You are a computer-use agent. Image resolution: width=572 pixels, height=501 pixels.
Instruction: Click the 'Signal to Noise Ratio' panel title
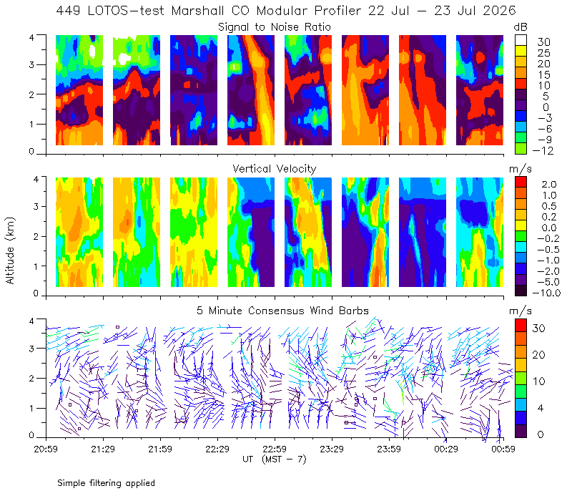click(x=275, y=27)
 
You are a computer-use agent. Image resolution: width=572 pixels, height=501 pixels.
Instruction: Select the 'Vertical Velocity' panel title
click(x=275, y=169)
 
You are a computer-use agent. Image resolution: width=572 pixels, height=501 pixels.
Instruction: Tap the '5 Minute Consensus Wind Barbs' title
click(x=282, y=311)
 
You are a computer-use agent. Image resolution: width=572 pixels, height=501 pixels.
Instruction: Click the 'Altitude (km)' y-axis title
click(x=10, y=250)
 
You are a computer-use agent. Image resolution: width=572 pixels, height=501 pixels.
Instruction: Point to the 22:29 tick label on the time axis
click(x=217, y=449)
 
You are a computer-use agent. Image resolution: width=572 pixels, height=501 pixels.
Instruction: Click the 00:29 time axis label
click(x=445, y=449)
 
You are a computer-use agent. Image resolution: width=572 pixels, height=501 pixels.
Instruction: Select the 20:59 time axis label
click(x=46, y=449)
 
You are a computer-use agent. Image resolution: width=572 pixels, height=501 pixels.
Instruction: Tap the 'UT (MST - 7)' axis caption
click(x=275, y=459)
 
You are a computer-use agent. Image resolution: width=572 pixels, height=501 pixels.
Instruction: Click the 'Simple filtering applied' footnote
click(x=106, y=483)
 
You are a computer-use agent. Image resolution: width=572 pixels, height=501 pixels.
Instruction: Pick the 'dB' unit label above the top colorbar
click(x=521, y=27)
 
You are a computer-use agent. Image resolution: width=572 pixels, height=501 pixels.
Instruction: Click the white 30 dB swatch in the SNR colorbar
click(x=521, y=40)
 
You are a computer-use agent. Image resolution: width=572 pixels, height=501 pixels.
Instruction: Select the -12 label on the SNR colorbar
click(x=543, y=150)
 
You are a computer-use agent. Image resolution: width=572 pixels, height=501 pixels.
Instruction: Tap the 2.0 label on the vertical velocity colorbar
click(x=549, y=185)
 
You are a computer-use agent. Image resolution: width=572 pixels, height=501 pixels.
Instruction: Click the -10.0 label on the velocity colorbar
click(x=546, y=293)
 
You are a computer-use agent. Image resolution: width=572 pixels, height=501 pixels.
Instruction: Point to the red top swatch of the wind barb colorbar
click(x=521, y=326)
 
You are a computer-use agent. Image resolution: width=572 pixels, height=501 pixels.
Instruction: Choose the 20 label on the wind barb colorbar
click(x=539, y=354)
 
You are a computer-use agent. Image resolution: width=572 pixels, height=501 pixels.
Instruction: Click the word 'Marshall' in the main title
click(x=197, y=11)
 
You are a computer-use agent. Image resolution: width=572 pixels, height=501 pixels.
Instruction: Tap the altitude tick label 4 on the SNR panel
click(x=31, y=37)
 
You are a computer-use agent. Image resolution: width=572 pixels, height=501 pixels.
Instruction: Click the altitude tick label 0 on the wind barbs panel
click(x=31, y=435)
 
